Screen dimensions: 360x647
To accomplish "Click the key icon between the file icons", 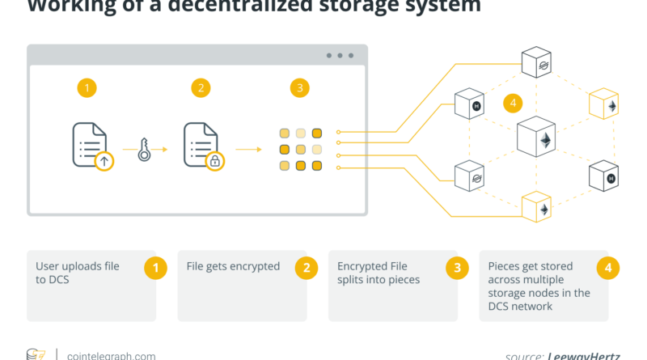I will pyautogui.click(x=144, y=150).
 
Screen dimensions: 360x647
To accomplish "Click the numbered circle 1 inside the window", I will pyautogui.click(x=87, y=88).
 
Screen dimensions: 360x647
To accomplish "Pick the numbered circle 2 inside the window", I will pyautogui.click(x=199, y=88).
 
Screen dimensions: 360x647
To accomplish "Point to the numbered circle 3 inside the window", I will pyautogui.click(x=301, y=88).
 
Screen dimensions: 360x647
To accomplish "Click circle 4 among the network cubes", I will pyautogui.click(x=511, y=103).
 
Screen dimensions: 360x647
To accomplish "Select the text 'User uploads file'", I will pyautogui.click(x=78, y=266).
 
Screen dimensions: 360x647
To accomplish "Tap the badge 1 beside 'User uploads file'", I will pyautogui.click(x=155, y=267).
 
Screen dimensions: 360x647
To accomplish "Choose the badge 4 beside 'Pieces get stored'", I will pyautogui.click(x=608, y=267).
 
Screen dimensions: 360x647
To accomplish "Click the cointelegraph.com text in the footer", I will pyautogui.click(x=112, y=355).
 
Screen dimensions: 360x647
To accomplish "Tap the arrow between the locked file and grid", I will pyautogui.click(x=249, y=150).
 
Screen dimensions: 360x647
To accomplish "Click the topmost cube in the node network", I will pyautogui.click(x=536, y=63).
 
